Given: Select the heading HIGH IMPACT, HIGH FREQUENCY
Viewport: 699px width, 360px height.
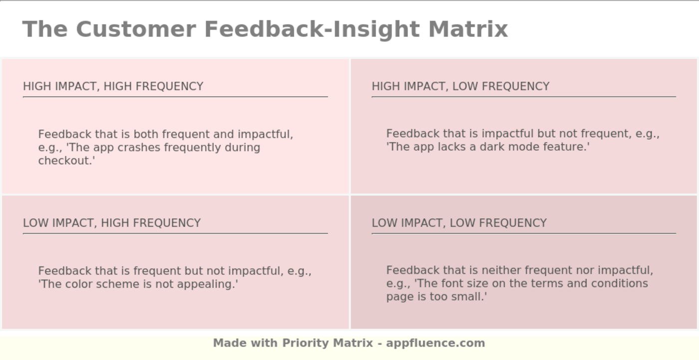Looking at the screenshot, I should coord(113,86).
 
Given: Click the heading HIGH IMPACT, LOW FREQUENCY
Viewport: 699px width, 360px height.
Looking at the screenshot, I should coord(460,86).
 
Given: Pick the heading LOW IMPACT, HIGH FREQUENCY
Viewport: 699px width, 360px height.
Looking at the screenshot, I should coord(112,223).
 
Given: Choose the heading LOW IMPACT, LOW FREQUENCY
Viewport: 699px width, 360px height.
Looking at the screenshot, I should coord(459,223).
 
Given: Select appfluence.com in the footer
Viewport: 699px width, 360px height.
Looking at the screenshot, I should coord(435,343).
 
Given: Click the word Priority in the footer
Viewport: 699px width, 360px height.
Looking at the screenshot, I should coord(306,343).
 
